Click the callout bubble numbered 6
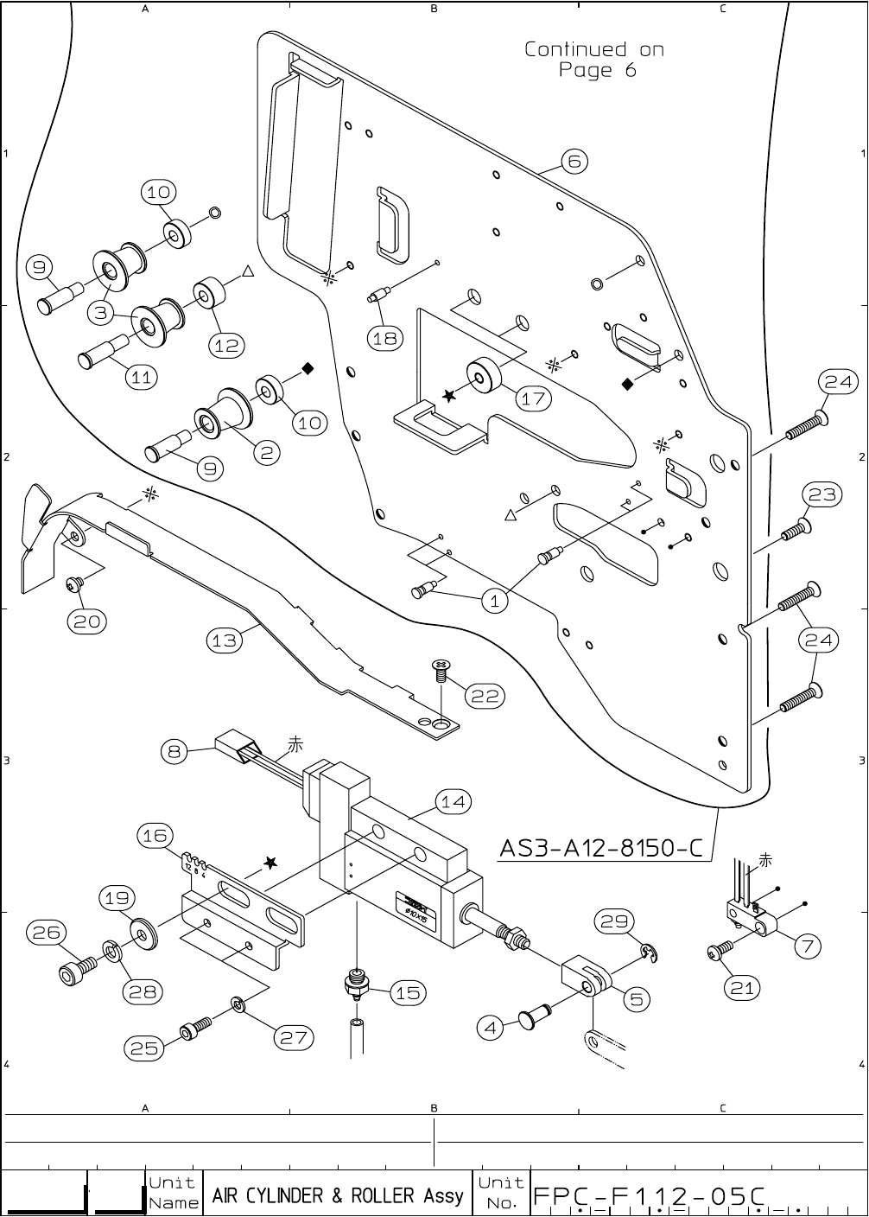coord(574,162)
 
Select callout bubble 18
coord(384,338)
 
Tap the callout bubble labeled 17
coord(533,398)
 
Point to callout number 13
coord(224,640)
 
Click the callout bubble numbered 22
coord(486,696)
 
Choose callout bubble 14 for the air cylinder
coord(453,802)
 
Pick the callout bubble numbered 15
coord(407,994)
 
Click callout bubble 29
coord(614,922)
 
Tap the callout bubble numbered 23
coord(822,494)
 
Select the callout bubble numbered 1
coord(494,602)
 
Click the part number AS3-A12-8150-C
coord(601,849)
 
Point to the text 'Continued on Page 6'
coord(594,60)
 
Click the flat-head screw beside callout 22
coord(441,668)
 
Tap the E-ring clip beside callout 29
coord(651,953)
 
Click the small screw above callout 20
coord(73,585)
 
